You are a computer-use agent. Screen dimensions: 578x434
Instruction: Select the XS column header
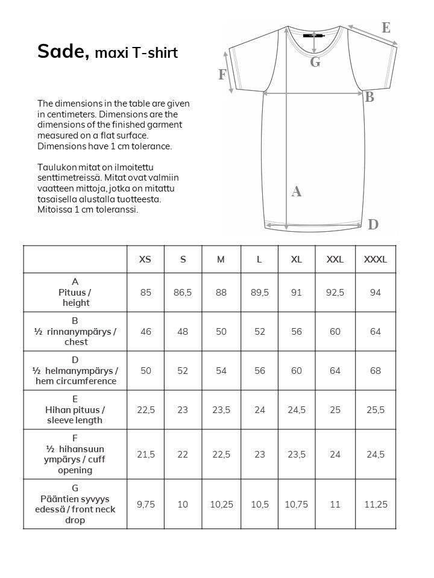[x=145, y=259]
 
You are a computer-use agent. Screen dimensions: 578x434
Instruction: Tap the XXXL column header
[x=376, y=259]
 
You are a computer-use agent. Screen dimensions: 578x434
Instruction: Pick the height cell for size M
[x=221, y=293]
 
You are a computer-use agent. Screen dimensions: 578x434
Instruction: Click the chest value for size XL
[x=297, y=332]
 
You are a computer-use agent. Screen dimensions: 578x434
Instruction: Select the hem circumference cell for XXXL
[x=376, y=371]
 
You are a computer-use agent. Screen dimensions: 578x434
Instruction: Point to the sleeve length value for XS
[x=145, y=410]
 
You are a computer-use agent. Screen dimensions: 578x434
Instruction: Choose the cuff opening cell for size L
[x=259, y=455]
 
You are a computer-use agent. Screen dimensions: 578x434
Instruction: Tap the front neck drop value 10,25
[x=221, y=505]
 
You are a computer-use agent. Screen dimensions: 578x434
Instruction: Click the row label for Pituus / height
[x=75, y=293]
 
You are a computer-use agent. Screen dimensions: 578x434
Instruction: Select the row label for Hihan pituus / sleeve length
[x=75, y=410]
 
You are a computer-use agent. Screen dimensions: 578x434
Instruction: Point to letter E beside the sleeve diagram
[x=386, y=27]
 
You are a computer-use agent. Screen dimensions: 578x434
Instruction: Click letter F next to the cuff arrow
[x=222, y=75]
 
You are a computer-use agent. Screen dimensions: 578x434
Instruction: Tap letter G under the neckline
[x=315, y=62]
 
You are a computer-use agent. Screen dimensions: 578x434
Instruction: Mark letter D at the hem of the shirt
[x=373, y=225]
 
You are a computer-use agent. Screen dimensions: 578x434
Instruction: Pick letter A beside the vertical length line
[x=296, y=192]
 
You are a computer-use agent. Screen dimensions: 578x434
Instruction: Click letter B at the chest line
[x=370, y=98]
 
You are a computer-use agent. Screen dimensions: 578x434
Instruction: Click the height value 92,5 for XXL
[x=335, y=293]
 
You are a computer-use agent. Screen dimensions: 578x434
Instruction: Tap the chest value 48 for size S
[x=183, y=332]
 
